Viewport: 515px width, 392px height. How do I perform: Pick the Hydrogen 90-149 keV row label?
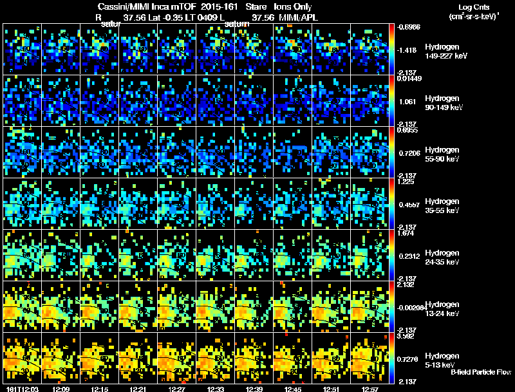click(443, 103)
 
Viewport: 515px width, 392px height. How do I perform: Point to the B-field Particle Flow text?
click(481, 372)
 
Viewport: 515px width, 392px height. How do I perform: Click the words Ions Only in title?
click(293, 6)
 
